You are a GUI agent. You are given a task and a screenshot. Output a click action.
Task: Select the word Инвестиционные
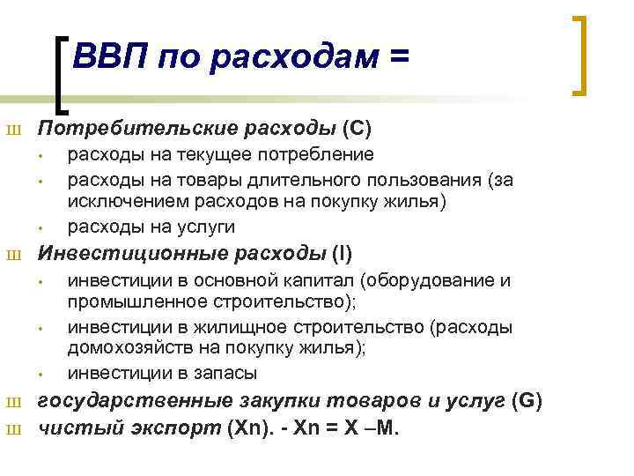click(x=105, y=255)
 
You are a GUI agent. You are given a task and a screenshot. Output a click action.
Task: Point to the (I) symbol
click(x=342, y=255)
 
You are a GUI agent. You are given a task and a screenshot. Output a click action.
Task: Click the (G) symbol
click(x=527, y=402)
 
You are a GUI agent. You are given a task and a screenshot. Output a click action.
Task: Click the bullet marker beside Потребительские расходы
click(x=12, y=130)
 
